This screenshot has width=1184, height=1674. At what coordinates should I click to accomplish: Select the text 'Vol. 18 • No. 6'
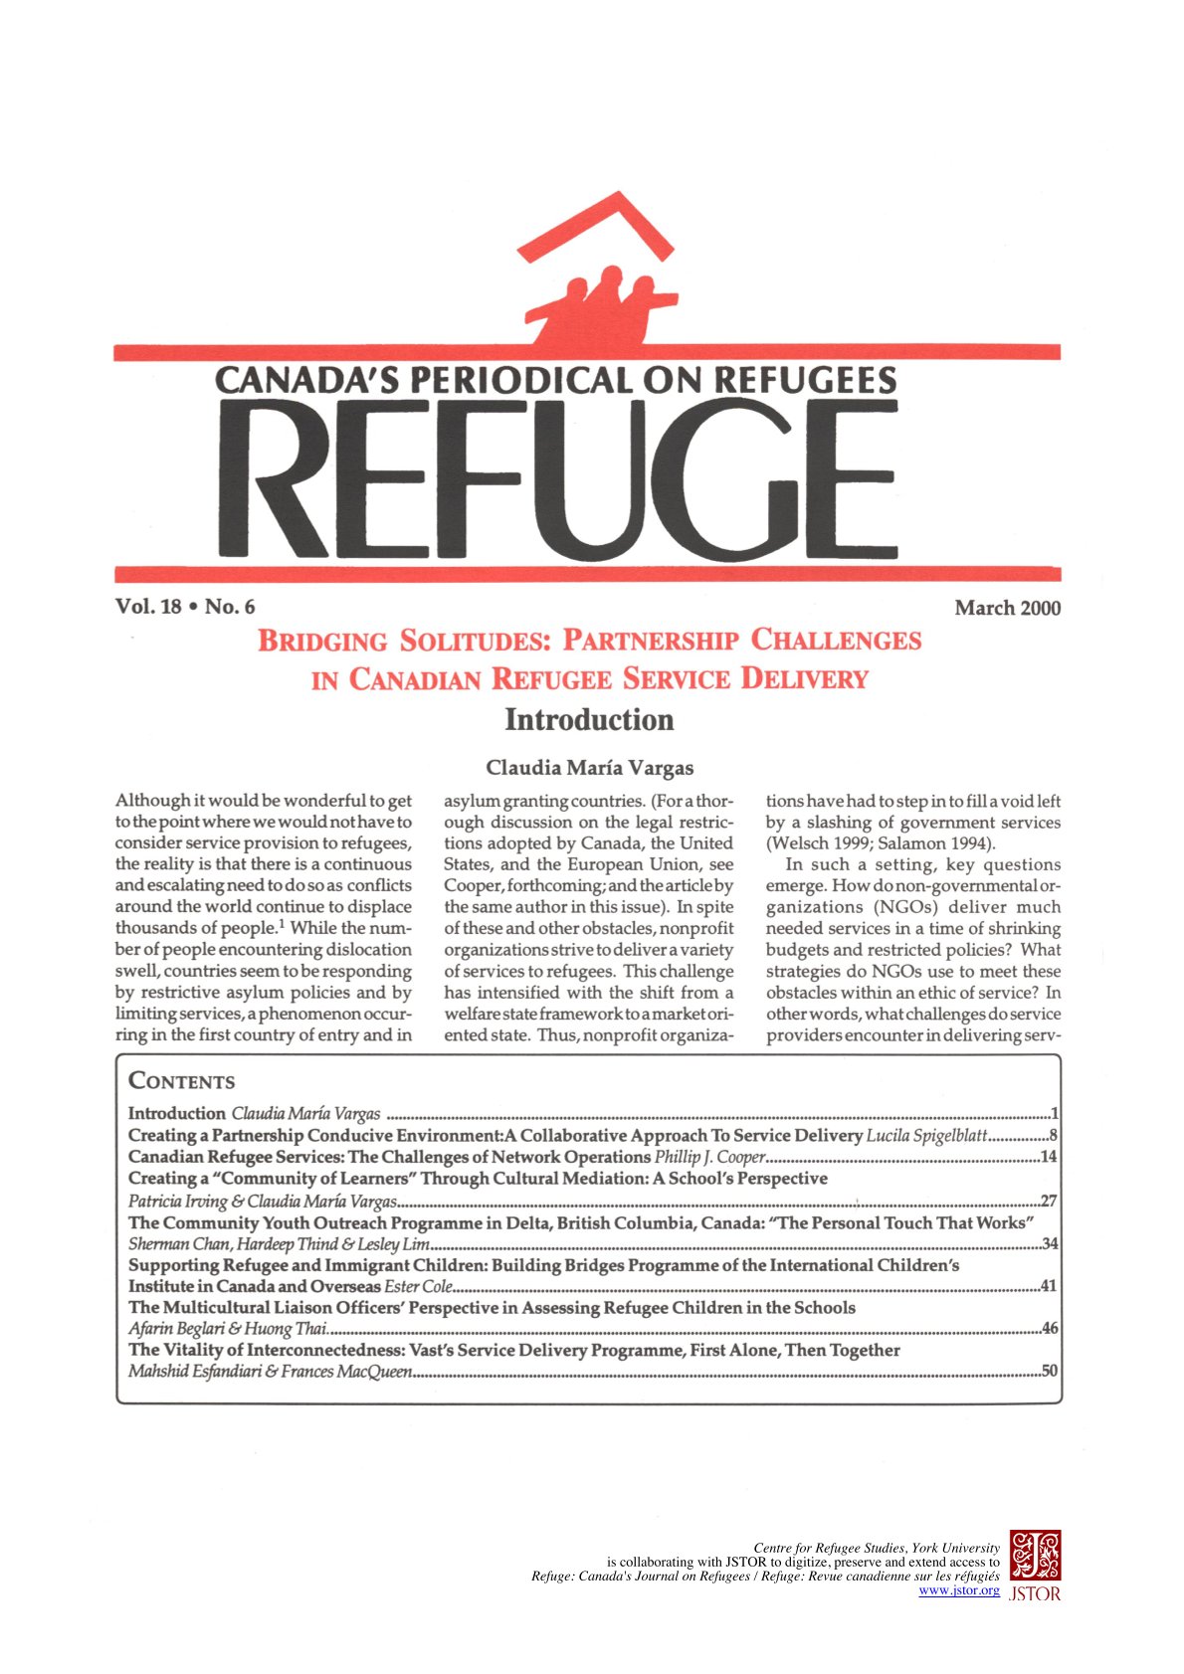point(185,607)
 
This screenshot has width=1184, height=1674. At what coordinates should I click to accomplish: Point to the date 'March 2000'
point(1007,608)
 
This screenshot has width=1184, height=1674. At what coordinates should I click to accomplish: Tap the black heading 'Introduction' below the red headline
point(589,719)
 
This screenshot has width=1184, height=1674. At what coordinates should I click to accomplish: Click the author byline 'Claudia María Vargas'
point(589,768)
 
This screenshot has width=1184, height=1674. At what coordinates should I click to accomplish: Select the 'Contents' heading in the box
point(182,1081)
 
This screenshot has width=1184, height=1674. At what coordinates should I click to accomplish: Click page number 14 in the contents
point(1048,1157)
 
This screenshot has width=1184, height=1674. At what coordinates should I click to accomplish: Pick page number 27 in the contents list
point(1048,1201)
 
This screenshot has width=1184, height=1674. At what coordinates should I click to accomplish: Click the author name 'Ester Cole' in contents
point(418,1287)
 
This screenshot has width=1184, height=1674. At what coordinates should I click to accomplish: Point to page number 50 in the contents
point(1048,1372)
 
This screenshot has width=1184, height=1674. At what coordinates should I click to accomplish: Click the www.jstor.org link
point(958,1590)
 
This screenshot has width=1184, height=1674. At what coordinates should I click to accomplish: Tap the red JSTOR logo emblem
point(1035,1556)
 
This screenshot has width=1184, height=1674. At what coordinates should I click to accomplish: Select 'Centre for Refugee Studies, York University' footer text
point(876,1548)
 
